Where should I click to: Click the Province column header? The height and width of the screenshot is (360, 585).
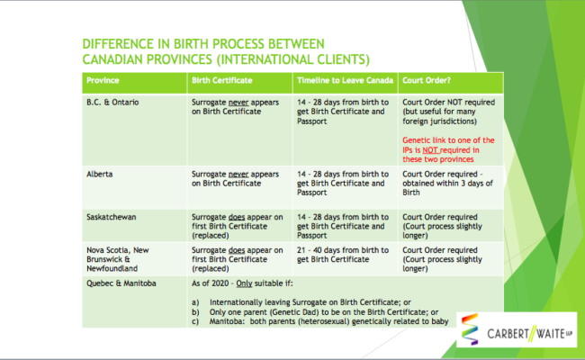point(103,81)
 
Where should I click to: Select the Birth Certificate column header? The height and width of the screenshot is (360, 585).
point(222,81)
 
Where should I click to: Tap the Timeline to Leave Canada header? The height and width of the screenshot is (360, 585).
point(345,81)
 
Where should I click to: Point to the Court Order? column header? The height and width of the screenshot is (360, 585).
point(427,81)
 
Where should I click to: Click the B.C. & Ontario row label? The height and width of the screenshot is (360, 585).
point(112,103)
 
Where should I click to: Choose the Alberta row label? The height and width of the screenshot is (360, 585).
point(100,175)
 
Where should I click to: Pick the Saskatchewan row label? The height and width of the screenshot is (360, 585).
point(112,217)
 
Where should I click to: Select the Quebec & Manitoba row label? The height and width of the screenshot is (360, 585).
point(121,283)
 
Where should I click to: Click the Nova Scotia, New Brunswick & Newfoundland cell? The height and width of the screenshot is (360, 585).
point(118,259)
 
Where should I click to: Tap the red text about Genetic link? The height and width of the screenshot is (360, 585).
point(448,150)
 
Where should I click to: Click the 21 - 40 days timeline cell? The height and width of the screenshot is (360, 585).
point(343,255)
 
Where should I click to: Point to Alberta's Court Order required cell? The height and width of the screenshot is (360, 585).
point(447,184)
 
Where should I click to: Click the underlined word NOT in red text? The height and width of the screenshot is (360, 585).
point(430,150)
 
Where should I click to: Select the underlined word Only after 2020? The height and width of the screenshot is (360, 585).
point(244,283)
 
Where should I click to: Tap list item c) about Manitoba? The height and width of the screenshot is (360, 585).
point(320,321)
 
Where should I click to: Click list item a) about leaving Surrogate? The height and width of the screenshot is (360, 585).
point(301,302)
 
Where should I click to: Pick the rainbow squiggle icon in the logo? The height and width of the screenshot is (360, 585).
point(470,329)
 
